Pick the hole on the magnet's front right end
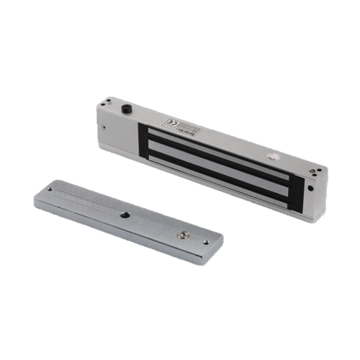[310, 190]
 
